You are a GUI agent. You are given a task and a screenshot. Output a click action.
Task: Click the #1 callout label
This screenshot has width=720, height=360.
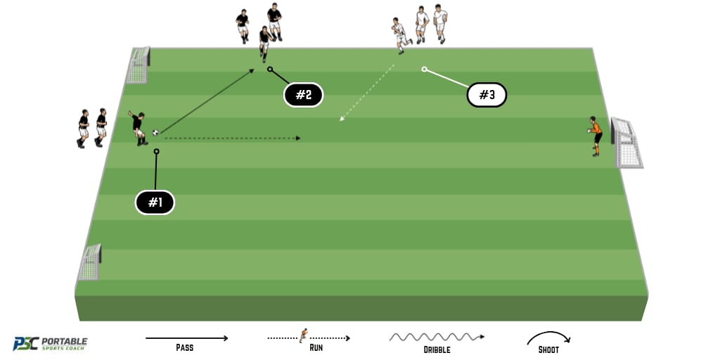tap(155, 203)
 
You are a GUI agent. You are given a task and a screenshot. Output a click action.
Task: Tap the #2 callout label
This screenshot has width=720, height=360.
tap(303, 95)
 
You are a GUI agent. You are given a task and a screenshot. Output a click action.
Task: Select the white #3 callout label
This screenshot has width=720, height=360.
tap(487, 95)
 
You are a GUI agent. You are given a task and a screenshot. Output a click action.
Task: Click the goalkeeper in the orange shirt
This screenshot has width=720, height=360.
tap(596, 135)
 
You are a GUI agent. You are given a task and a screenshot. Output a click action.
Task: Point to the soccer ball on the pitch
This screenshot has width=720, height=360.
tap(155, 132)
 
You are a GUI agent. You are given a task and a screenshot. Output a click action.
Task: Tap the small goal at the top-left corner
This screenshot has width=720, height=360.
tap(139, 65)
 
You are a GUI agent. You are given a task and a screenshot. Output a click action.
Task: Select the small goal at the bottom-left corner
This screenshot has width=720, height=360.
tap(90, 263)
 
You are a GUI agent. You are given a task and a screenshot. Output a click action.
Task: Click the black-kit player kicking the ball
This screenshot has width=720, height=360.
tap(139, 128)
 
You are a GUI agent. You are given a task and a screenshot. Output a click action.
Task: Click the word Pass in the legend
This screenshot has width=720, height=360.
tap(186, 348)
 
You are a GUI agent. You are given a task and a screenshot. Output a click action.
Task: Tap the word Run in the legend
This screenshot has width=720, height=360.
tap(316, 348)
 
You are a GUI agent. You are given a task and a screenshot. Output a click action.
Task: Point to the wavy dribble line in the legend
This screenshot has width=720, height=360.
tap(436, 337)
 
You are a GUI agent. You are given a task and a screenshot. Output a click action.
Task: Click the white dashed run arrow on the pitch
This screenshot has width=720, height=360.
tap(366, 92)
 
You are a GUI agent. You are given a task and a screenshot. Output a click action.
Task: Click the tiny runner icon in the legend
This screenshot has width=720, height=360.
tap(304, 335)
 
